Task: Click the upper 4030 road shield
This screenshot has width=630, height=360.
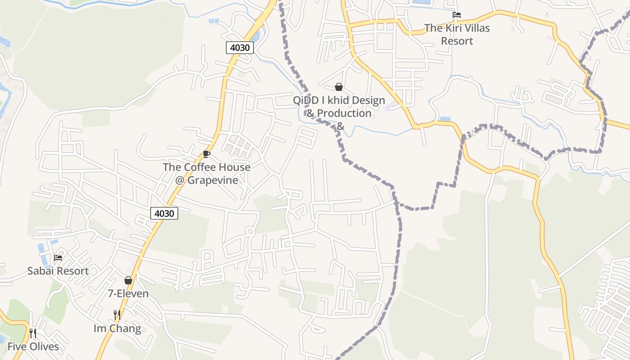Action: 240,48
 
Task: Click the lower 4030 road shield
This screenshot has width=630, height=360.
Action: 164,213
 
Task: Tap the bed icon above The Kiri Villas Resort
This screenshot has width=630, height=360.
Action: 457,15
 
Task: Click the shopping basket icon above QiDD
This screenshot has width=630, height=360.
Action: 339,87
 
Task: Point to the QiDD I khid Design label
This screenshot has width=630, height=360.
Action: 339,100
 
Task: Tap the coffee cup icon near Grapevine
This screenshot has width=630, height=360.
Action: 207,154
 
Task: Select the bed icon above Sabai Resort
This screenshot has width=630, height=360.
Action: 58,258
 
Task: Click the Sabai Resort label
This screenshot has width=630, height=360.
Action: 58,271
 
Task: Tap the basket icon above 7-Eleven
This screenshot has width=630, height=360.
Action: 128,280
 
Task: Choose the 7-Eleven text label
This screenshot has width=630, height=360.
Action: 128,294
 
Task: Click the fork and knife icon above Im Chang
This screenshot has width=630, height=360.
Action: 117,315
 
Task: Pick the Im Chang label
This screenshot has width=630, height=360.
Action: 117,328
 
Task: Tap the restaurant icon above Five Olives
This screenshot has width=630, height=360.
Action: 33,333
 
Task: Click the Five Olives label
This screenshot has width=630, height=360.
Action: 33,346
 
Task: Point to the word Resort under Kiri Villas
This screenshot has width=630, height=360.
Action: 457,41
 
